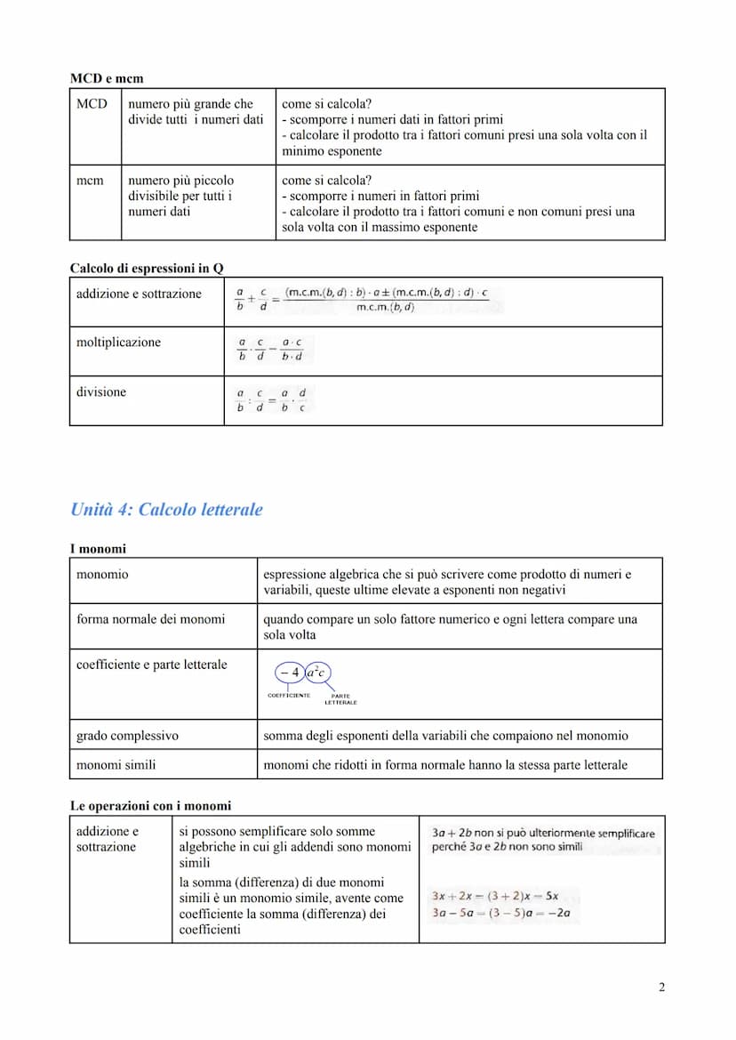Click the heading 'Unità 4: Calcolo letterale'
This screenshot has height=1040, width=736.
pyautogui.click(x=166, y=510)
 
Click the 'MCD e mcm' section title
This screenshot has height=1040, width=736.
pyautogui.click(x=107, y=79)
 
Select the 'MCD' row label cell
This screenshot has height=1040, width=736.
pyautogui.click(x=92, y=104)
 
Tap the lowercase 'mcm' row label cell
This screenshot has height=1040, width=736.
pyautogui.click(x=90, y=180)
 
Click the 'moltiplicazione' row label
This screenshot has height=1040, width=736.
pyautogui.click(x=118, y=343)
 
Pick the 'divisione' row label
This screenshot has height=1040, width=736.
pyautogui.click(x=101, y=391)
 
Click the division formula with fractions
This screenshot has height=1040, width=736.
pyautogui.click(x=271, y=400)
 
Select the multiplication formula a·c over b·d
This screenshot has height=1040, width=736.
pyautogui.click(x=270, y=350)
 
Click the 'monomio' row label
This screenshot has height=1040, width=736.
pyautogui.click(x=102, y=575)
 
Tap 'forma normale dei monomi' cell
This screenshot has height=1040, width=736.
pyautogui.click(x=151, y=618)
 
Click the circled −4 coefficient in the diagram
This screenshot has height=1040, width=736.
pyautogui.click(x=288, y=673)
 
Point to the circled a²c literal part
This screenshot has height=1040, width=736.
pyautogui.click(x=317, y=673)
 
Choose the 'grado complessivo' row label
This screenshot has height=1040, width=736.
pyautogui.click(x=127, y=736)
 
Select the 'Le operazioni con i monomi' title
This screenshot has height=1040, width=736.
pyautogui.click(x=150, y=806)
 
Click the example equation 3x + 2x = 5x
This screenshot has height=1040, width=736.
pyautogui.click(x=494, y=896)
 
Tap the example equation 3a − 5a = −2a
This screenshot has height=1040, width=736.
pyautogui.click(x=500, y=913)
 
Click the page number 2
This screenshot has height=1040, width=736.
pyautogui.click(x=661, y=987)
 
